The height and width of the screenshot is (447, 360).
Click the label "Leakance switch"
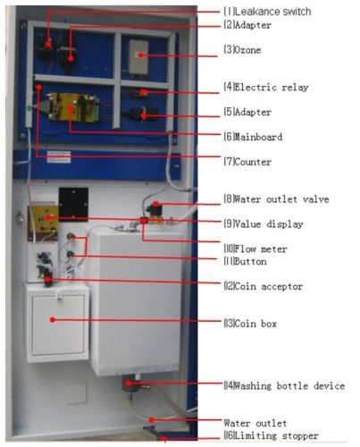pyautogui.click(x=273, y=12)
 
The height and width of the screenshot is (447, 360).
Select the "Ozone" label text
pyautogui.click(x=247, y=49)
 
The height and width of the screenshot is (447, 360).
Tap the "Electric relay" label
pyautogui.click(x=272, y=87)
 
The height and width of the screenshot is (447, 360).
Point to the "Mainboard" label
pyautogui.click(x=258, y=137)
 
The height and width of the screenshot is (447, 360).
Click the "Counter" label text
pyautogui.click(x=253, y=162)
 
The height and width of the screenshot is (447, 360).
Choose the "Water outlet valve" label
pyautogui.click(x=281, y=199)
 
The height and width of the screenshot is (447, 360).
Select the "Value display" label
pyautogui.click(x=269, y=223)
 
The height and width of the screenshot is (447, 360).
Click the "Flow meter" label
pyautogui.click(x=261, y=249)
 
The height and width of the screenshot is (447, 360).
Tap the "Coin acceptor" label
pyautogui.click(x=269, y=286)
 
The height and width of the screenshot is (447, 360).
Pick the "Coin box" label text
pyautogui.click(x=255, y=324)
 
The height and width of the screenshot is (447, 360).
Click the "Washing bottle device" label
pyautogui.click(x=289, y=386)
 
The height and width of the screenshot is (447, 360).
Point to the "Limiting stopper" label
pyautogui.click(x=276, y=435)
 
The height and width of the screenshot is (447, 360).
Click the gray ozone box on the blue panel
pyautogui.click(x=138, y=57)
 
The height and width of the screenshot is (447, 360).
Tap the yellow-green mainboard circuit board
pyautogui.click(x=73, y=107)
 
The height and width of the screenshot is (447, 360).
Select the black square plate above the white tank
pyautogui.click(x=73, y=204)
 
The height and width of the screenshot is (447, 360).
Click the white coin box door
pyautogui.click(x=58, y=325)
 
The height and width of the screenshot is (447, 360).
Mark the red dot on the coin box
pyautogui.click(x=53, y=320)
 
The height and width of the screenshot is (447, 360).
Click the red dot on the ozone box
pyautogui.click(x=141, y=55)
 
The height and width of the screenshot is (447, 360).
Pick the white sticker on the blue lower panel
pyautogui.click(x=59, y=157)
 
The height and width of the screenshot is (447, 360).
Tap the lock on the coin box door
pyautogui.click(x=60, y=297)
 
